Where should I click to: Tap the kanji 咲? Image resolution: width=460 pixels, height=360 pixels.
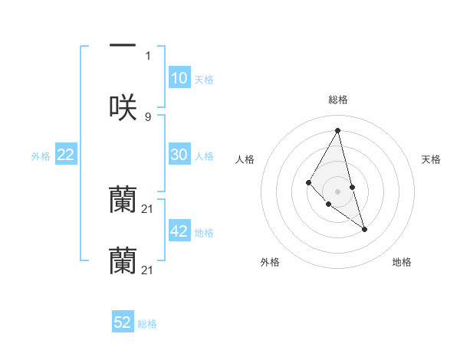coord(123,106)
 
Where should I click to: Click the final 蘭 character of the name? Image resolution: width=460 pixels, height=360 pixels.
coord(123,260)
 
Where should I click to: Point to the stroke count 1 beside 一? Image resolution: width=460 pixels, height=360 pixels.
coord(148,55)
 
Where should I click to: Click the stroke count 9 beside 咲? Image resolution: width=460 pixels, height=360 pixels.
coord(148,116)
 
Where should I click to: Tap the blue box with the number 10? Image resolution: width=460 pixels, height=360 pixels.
coord(179,78)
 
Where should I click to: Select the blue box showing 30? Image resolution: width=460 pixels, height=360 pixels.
coord(179,155)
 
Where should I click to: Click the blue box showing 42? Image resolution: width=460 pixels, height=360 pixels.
coord(179,231)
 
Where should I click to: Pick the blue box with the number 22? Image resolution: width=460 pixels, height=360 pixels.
coord(66,155)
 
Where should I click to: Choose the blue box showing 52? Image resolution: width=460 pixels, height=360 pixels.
coord(123,322)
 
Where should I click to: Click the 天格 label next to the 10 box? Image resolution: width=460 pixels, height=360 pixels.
coord(204,80)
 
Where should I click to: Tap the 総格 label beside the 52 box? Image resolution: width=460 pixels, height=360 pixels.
coord(147,324)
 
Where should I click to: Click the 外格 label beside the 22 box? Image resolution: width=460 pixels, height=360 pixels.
coord(41,156)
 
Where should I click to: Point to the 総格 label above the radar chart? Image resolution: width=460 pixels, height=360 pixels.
coord(337,100)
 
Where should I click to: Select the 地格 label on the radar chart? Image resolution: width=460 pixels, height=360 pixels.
coord(402,262)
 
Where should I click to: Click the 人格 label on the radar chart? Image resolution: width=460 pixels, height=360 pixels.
coord(245,159)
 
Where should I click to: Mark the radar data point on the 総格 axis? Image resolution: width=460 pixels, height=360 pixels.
coord(337,129)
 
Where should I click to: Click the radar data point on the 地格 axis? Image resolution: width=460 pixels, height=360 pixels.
coord(364,229)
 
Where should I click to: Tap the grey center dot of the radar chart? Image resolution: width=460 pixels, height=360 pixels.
coord(337,191)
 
